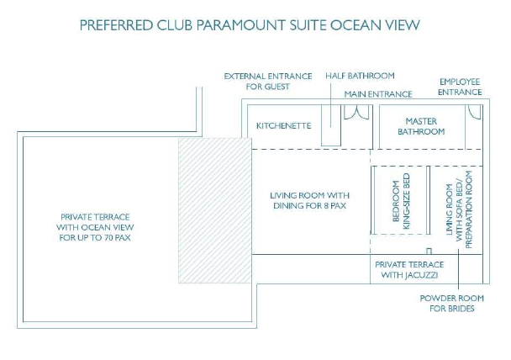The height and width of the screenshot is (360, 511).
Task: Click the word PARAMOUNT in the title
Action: click(241, 25)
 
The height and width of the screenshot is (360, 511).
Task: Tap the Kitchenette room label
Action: click(283, 126)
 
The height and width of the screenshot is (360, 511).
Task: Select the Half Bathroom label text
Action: click(360, 76)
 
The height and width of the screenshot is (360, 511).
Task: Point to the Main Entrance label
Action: click(378, 94)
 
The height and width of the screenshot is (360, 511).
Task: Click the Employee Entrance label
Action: click(460, 87)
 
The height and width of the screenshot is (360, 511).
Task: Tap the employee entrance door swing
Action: click(475, 112)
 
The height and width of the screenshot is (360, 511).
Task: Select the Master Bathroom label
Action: click(421, 126)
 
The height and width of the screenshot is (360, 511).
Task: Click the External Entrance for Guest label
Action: click(268, 82)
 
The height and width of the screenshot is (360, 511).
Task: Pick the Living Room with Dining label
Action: click(309, 200)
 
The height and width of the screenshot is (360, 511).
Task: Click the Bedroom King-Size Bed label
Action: click(401, 201)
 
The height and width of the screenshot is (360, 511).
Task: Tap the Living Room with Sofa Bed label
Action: click(459, 209)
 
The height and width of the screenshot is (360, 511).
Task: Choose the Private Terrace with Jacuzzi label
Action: click(409, 270)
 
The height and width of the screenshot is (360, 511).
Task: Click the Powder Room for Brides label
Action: click(451, 304)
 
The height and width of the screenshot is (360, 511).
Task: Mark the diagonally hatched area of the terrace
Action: click(215, 210)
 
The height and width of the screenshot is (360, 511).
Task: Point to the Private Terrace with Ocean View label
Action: click(95, 227)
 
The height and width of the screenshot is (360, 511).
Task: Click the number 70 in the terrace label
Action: click(109, 238)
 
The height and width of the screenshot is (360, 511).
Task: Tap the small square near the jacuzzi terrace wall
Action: click(429, 251)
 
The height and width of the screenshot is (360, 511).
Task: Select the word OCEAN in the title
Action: click(351, 25)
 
